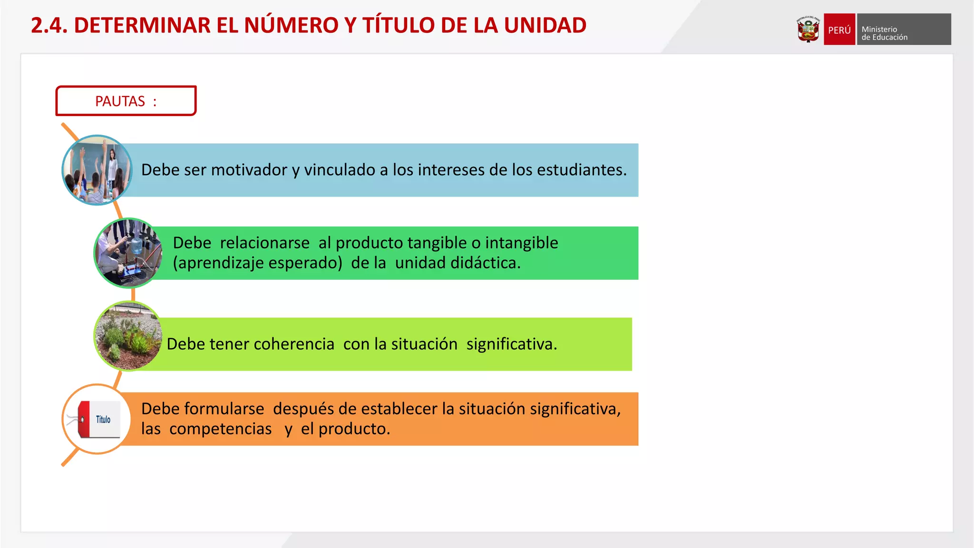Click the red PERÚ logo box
[x=839, y=29]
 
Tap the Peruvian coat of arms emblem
[x=808, y=29]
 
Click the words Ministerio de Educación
[x=884, y=33]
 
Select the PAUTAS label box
[x=126, y=101]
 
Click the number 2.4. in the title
[x=49, y=25]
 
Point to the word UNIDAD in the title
[x=545, y=25]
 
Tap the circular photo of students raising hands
[x=97, y=170]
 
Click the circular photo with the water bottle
[x=129, y=253]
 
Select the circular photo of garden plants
[x=129, y=336]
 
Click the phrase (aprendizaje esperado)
[x=257, y=263]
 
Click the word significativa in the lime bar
[x=511, y=344]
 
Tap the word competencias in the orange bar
[x=220, y=429]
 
